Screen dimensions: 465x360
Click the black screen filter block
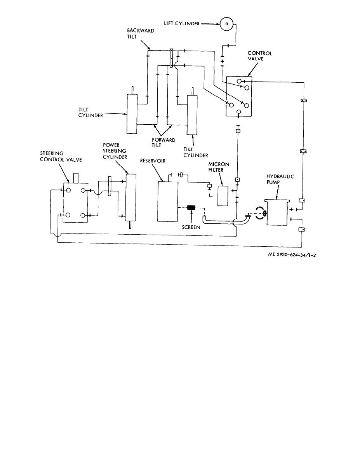tap(191, 207)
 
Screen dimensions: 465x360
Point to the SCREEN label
tap(191, 227)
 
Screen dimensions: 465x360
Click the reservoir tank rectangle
tap(167, 201)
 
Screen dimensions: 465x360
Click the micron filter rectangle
tap(223, 196)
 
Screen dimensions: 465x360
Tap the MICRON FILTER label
tap(219, 167)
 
